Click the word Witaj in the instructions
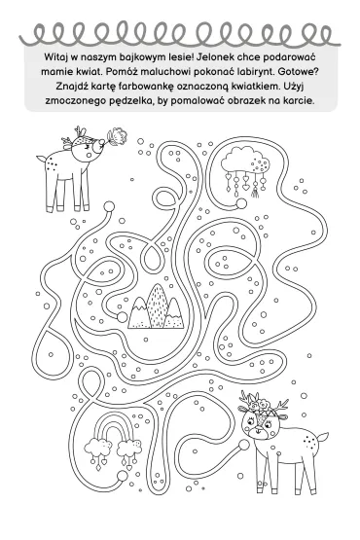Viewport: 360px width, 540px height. click(x=54, y=56)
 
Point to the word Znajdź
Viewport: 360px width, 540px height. click(x=72, y=87)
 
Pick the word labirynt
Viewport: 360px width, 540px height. click(x=256, y=72)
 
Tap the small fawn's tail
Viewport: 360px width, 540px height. click(x=41, y=162)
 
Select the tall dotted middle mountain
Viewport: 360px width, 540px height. click(x=157, y=305)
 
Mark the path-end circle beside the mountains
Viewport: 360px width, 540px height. click(x=122, y=317)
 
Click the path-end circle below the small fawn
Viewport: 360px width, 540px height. click(x=109, y=206)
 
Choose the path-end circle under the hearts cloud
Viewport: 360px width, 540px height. click(x=241, y=204)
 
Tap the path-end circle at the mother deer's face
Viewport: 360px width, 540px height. click(x=244, y=445)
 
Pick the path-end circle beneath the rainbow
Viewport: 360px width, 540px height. click(x=122, y=476)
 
